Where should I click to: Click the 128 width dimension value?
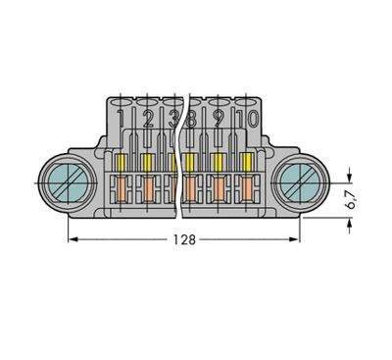184,239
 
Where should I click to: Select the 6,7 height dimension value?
352,200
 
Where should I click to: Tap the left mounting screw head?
68,183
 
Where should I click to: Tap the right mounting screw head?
299,183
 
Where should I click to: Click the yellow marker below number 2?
148,162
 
